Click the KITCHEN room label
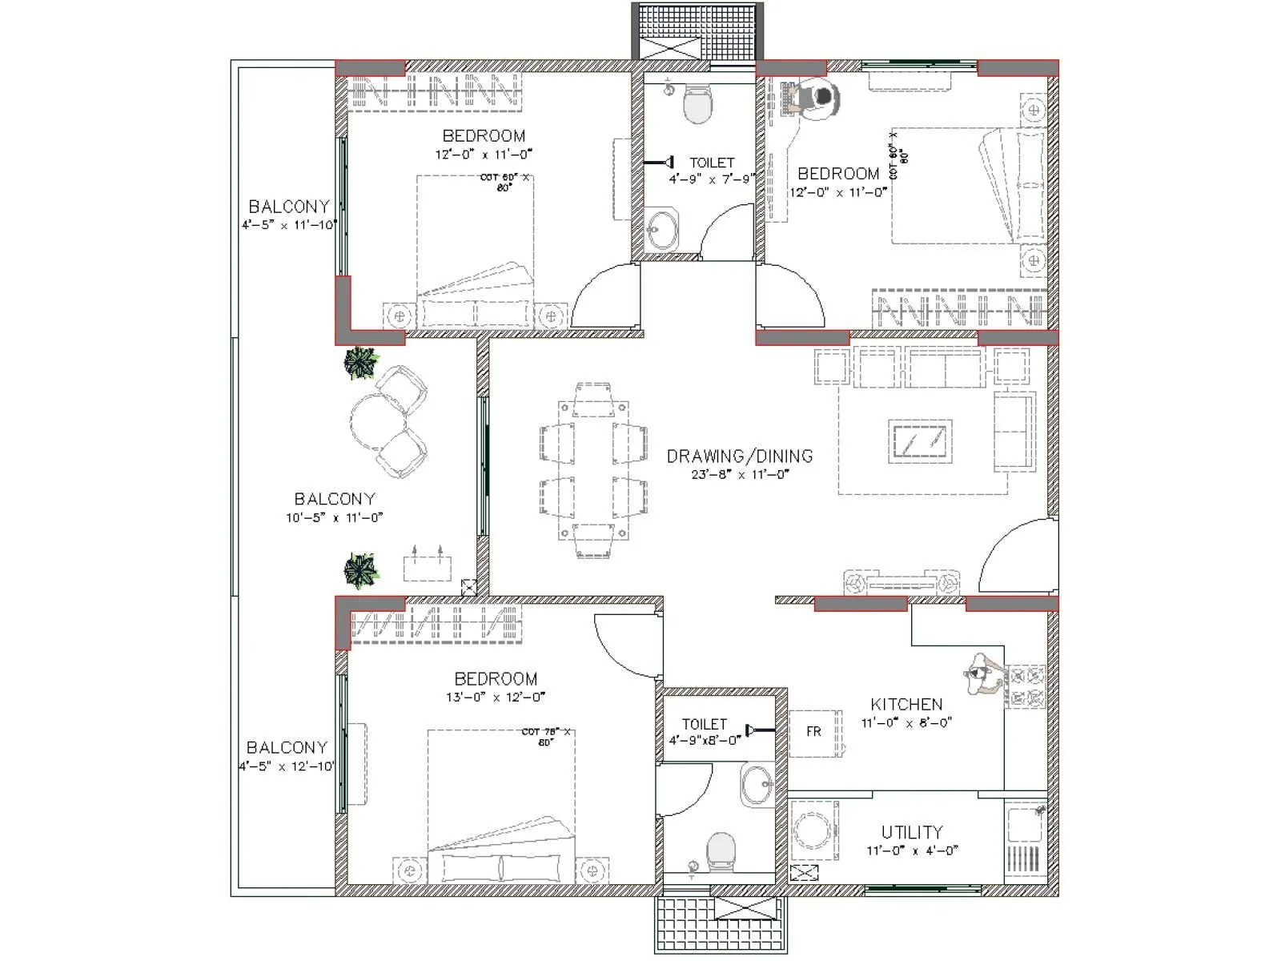tap(906, 704)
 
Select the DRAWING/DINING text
tap(739, 456)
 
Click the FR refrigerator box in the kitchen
tap(814, 732)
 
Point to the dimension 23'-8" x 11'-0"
tap(741, 474)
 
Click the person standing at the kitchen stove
tap(981, 673)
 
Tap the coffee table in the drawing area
tap(921, 440)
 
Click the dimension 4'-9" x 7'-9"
tap(711, 179)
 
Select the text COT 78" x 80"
tap(546, 737)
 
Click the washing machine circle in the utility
tap(812, 831)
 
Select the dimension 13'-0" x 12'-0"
tap(496, 697)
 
